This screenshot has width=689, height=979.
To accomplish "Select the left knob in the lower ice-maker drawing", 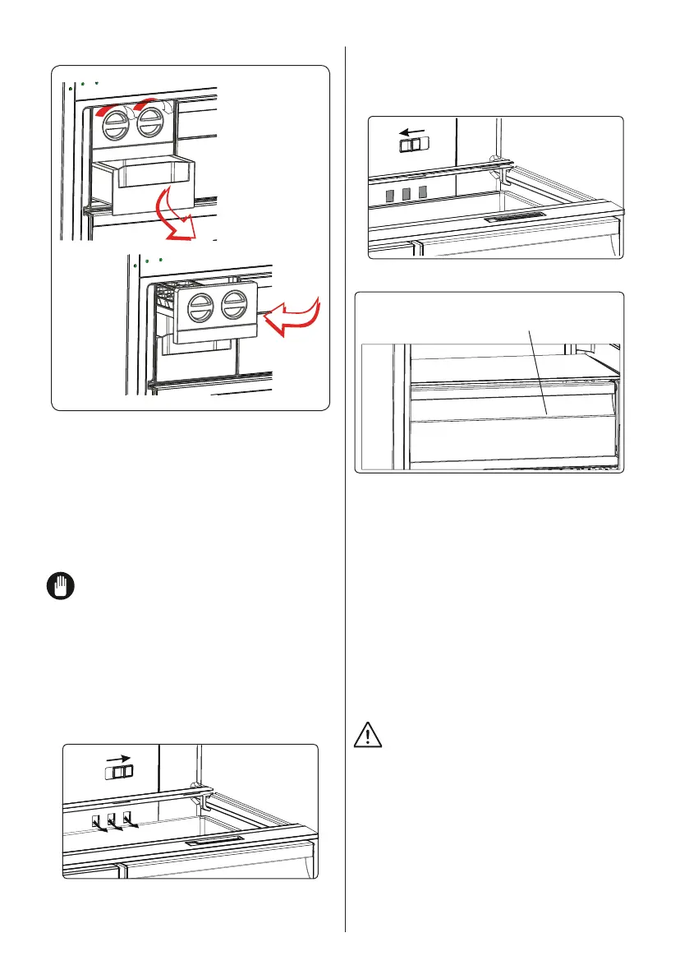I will click(200, 310).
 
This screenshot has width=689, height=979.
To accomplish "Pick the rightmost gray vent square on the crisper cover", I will click(424, 192).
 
